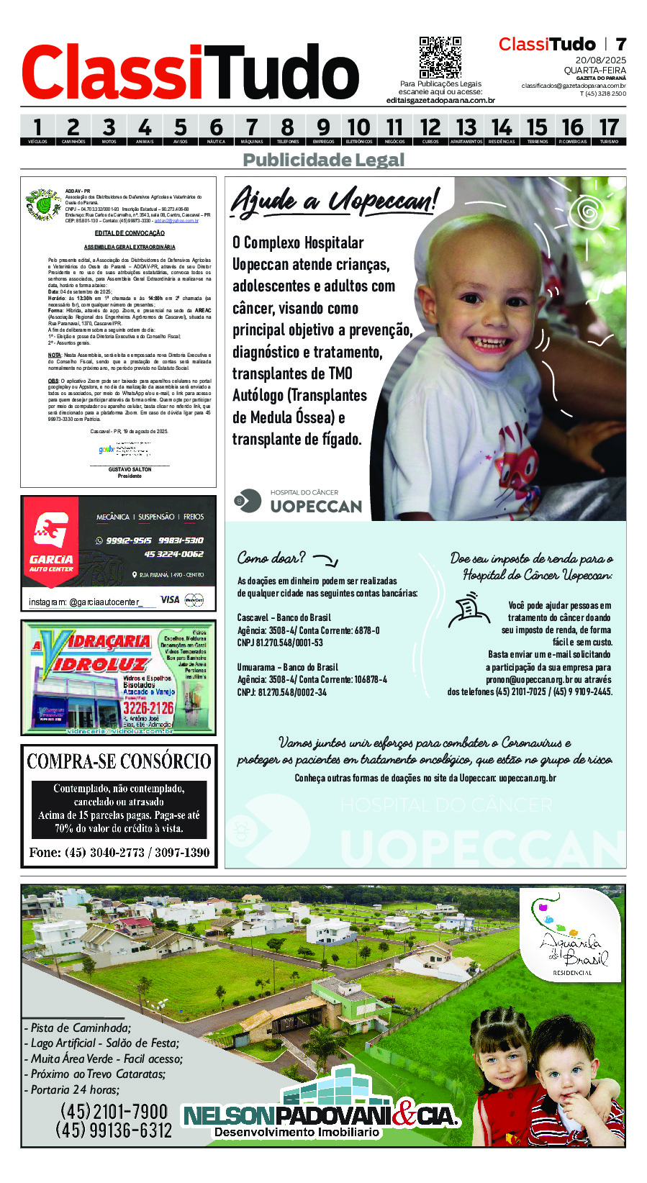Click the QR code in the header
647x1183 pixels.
(x=440, y=57)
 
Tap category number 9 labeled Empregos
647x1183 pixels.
(x=323, y=130)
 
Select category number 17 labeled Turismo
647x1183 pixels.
(x=609, y=130)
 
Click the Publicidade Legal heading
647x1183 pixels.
(x=324, y=160)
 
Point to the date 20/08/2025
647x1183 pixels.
(x=600, y=60)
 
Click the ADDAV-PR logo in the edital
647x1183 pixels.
(x=42, y=204)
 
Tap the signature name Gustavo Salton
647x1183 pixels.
(x=130, y=469)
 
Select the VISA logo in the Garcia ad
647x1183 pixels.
(x=170, y=599)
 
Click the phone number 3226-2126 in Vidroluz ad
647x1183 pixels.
(x=148, y=708)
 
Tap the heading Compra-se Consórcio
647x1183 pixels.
(x=119, y=761)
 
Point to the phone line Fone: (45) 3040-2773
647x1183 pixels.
(x=119, y=853)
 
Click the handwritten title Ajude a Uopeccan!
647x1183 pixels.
(x=334, y=201)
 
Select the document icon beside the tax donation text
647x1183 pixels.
(x=469, y=610)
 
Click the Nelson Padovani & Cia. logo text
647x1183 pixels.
(x=320, y=1116)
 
